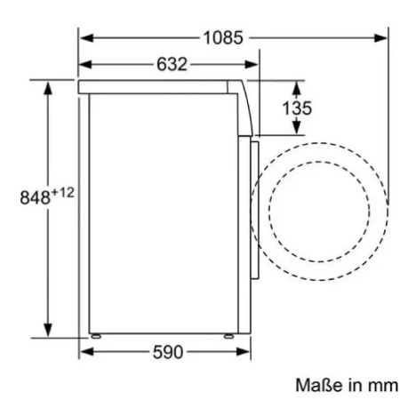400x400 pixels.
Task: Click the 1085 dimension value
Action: tap(223, 38)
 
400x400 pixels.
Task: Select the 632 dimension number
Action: tap(172, 64)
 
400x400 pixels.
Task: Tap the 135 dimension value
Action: tap(297, 108)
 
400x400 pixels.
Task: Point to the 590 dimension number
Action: tap(168, 352)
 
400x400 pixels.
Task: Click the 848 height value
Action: tap(35, 197)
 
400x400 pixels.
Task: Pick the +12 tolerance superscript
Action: tap(62, 193)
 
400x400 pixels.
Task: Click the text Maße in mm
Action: tap(347, 385)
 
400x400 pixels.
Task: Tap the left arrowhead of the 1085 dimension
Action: tap(87, 38)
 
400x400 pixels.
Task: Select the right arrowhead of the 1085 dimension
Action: tap(380, 38)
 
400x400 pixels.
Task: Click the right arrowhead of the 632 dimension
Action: tap(252, 64)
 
